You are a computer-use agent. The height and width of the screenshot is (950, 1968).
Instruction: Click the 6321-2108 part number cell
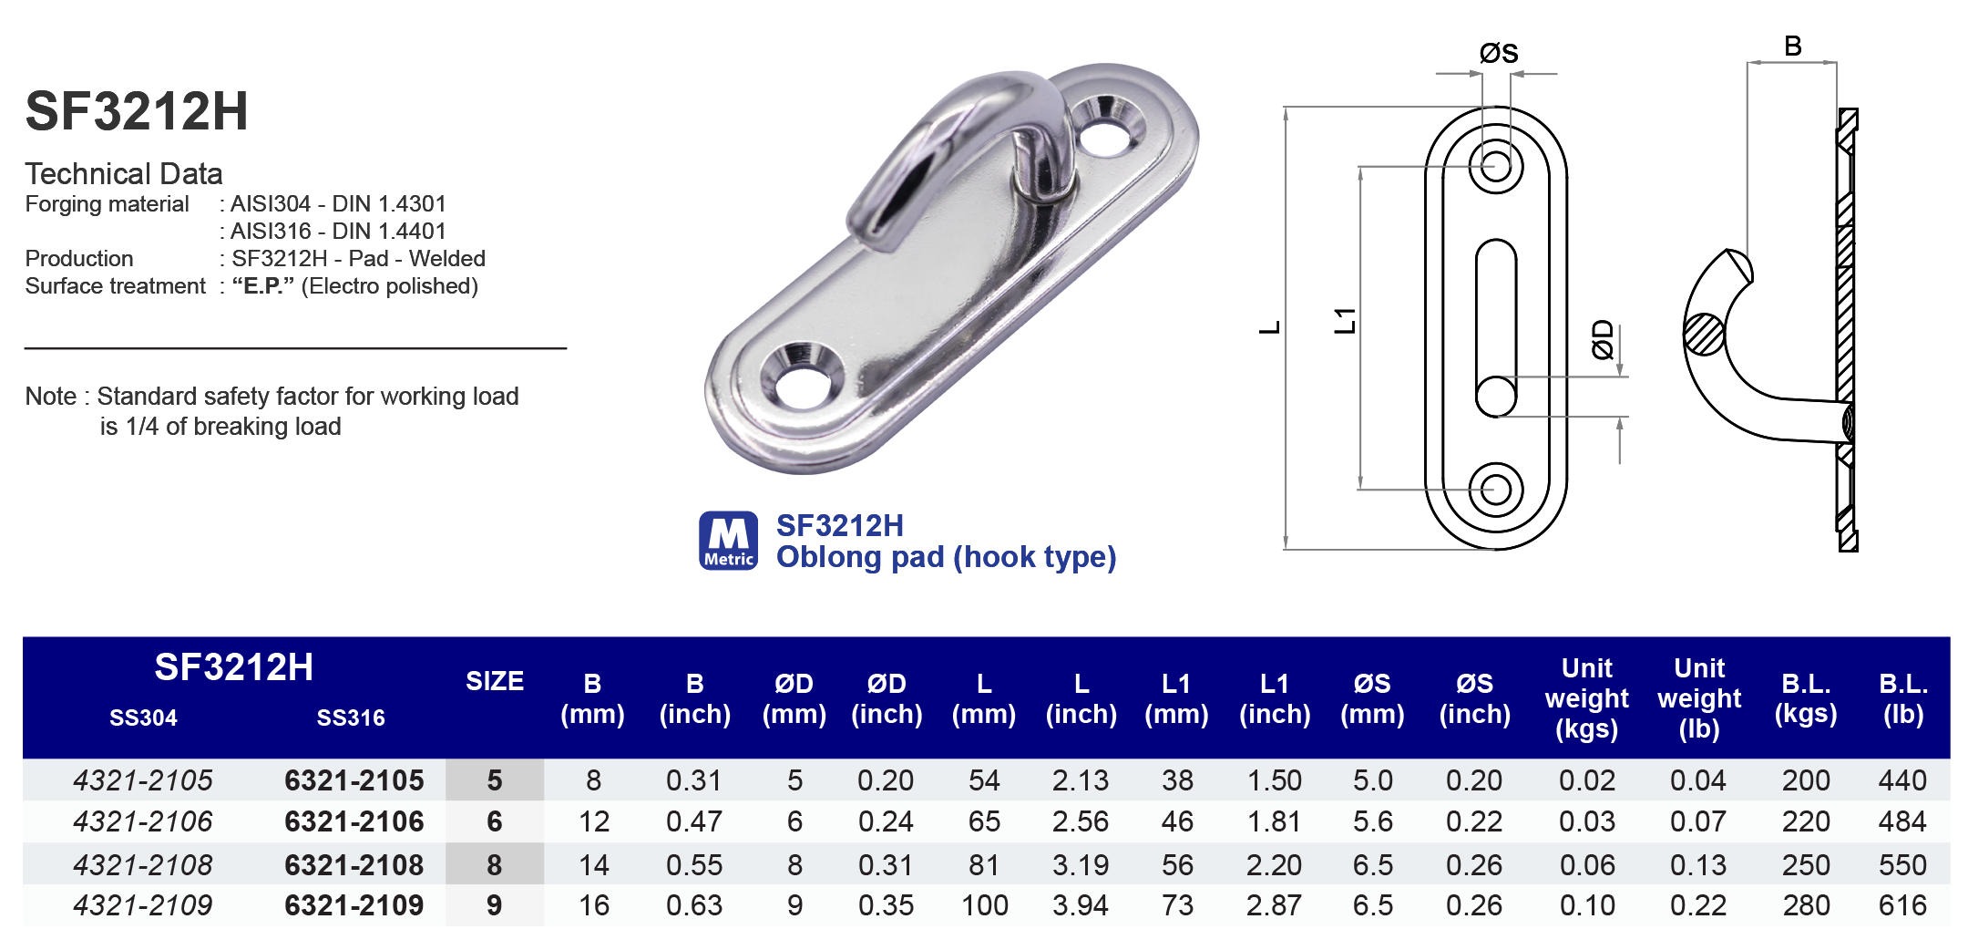354,864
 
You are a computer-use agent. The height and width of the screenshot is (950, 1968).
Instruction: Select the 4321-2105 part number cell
143,780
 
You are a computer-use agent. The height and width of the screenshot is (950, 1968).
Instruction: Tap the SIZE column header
494,681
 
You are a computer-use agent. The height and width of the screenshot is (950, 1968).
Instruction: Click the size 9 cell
494,905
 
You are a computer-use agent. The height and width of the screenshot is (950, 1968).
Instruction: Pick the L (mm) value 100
984,905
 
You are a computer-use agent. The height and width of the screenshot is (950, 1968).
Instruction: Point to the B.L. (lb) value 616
1901,905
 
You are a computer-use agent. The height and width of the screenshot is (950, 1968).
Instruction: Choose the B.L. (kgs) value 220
1805,821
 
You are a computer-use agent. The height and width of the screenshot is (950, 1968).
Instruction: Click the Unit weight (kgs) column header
1586,698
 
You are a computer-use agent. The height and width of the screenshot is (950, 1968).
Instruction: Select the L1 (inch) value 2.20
1273,864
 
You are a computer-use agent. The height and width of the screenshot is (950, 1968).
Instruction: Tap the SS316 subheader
351,718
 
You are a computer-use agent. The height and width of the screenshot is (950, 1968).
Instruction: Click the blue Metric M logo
728,540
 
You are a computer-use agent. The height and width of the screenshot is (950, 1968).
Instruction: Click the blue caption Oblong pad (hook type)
946,557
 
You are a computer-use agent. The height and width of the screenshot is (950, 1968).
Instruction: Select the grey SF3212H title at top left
137,111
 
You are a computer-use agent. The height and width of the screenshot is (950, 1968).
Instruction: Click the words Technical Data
124,173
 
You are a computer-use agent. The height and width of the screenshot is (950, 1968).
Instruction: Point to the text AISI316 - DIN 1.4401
337,232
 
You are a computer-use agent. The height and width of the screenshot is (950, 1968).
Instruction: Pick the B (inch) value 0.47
693,821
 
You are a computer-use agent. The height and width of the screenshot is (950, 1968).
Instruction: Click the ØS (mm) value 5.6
1372,821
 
